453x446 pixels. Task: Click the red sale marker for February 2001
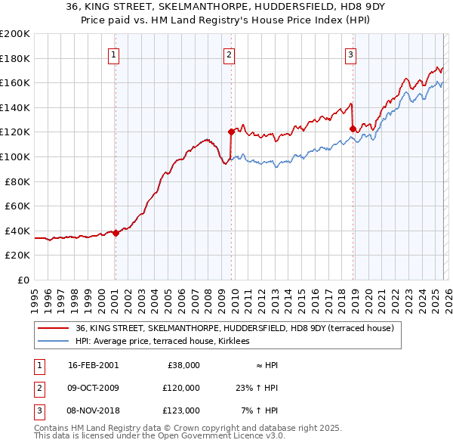click(x=116, y=234)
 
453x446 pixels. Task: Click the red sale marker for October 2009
click(x=231, y=132)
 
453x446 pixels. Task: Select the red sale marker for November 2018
click(x=353, y=129)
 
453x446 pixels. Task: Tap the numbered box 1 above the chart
click(x=113, y=54)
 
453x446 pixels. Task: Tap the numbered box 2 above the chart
click(x=229, y=54)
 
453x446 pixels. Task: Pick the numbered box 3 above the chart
click(x=351, y=54)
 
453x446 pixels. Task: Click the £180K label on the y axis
click(x=15, y=58)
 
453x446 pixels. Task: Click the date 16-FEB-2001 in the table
click(x=93, y=365)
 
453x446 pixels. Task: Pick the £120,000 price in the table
click(x=181, y=388)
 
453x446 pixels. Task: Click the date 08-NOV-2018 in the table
click(x=93, y=410)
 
